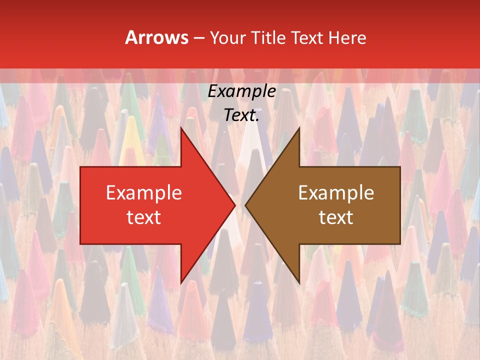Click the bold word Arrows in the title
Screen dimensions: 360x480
(157, 37)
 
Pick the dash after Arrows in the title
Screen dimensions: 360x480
(198, 38)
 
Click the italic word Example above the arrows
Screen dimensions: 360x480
(241, 91)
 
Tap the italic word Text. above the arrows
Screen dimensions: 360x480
(241, 115)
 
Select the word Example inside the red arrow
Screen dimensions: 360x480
(144, 193)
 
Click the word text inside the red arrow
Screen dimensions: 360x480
(144, 217)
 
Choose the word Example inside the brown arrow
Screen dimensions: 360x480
(336, 193)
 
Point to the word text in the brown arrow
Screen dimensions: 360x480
(336, 217)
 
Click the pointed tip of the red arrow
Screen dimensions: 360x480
(235, 205)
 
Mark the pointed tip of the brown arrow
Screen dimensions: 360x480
(245, 205)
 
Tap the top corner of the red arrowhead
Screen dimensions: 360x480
(181, 127)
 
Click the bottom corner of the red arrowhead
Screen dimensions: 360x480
(181, 283)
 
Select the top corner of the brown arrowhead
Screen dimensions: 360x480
(299, 127)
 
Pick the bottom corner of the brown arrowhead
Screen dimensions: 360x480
(299, 283)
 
